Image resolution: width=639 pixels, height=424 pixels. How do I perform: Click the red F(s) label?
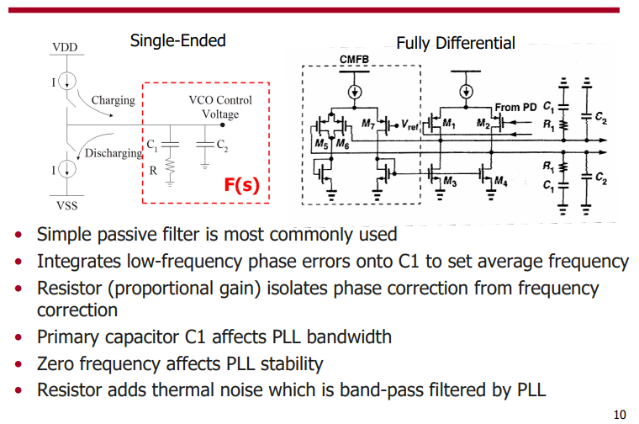(241, 184)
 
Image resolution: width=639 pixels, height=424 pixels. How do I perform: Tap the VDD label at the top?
(65, 46)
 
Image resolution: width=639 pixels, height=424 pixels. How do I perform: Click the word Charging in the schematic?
(113, 100)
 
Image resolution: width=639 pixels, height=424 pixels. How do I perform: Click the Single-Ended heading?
(177, 40)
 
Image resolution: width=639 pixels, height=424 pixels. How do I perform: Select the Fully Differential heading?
(456, 43)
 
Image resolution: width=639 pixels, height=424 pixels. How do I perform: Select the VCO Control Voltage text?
(220, 107)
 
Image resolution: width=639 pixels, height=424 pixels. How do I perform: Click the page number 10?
(620, 413)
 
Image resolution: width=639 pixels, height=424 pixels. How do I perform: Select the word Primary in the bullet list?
(70, 337)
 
